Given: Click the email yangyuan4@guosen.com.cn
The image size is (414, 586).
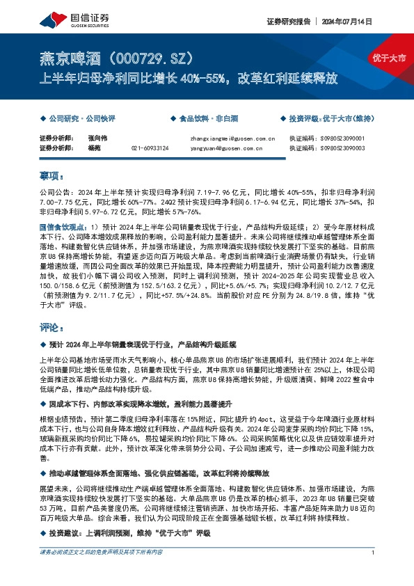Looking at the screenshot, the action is (x=225, y=148).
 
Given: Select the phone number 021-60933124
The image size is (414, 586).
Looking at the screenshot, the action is (x=150, y=148).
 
